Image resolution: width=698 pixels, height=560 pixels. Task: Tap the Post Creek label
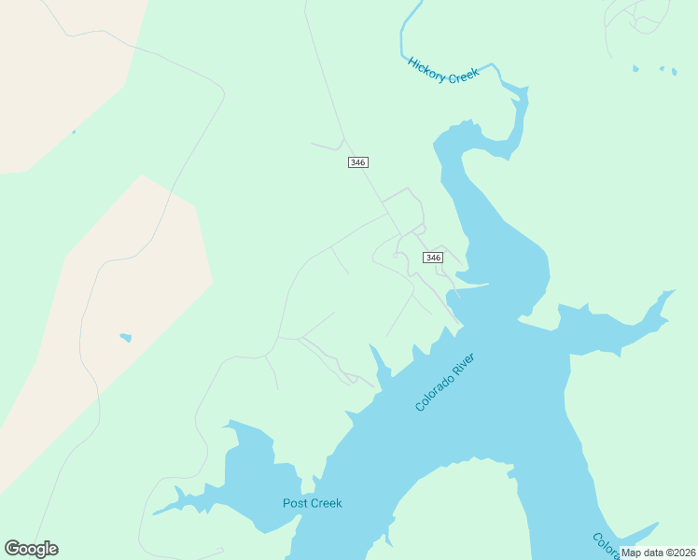(x=313, y=503)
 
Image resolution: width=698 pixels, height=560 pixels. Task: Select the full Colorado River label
(x=445, y=382)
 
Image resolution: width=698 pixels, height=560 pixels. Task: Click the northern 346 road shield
(x=357, y=162)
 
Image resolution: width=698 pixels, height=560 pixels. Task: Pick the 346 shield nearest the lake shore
(x=432, y=258)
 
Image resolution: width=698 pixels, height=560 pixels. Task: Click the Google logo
(x=31, y=549)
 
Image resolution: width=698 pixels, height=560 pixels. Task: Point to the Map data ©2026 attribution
(x=657, y=553)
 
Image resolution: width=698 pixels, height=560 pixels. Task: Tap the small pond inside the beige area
(x=125, y=337)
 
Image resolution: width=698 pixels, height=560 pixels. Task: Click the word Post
(x=296, y=503)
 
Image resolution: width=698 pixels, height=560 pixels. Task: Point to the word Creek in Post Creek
(x=327, y=503)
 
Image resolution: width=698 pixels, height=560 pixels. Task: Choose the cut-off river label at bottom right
(x=603, y=544)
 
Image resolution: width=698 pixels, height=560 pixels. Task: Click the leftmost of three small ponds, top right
(x=636, y=68)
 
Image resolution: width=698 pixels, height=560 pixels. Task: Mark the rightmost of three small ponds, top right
(x=674, y=71)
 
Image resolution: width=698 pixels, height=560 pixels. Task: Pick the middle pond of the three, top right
(x=662, y=68)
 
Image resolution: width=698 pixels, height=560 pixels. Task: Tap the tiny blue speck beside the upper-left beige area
(x=74, y=132)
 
